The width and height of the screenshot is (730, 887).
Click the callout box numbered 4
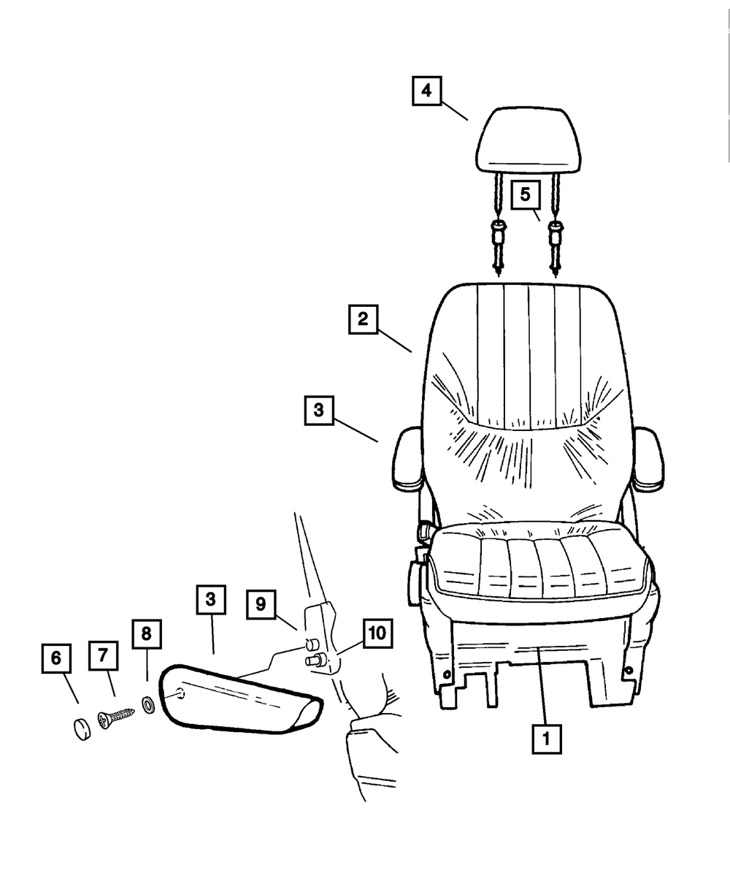tap(426, 91)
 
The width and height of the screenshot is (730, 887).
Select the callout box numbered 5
tap(525, 195)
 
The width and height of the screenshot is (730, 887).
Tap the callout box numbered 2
tap(363, 319)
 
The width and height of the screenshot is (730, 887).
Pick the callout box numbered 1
tap(546, 739)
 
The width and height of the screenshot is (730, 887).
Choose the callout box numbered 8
tap(146, 634)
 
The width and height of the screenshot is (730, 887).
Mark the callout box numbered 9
tap(261, 605)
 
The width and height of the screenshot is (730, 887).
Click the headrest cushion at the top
tap(529, 139)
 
